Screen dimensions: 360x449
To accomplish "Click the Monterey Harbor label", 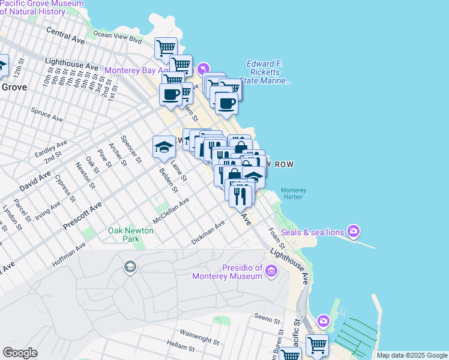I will pyautogui.click(x=294, y=194).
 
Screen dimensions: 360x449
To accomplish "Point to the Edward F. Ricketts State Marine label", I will pyautogui.click(x=264, y=73).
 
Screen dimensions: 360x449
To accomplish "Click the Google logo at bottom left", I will pyautogui.click(x=20, y=353).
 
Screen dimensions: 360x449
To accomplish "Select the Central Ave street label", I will pyautogui.click(x=65, y=35).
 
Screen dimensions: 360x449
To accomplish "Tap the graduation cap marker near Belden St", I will pyautogui.click(x=164, y=146).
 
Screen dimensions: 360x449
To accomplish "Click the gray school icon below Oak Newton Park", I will pyautogui.click(x=130, y=266).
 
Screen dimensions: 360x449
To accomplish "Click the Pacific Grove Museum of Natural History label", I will pyautogui.click(x=41, y=7).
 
